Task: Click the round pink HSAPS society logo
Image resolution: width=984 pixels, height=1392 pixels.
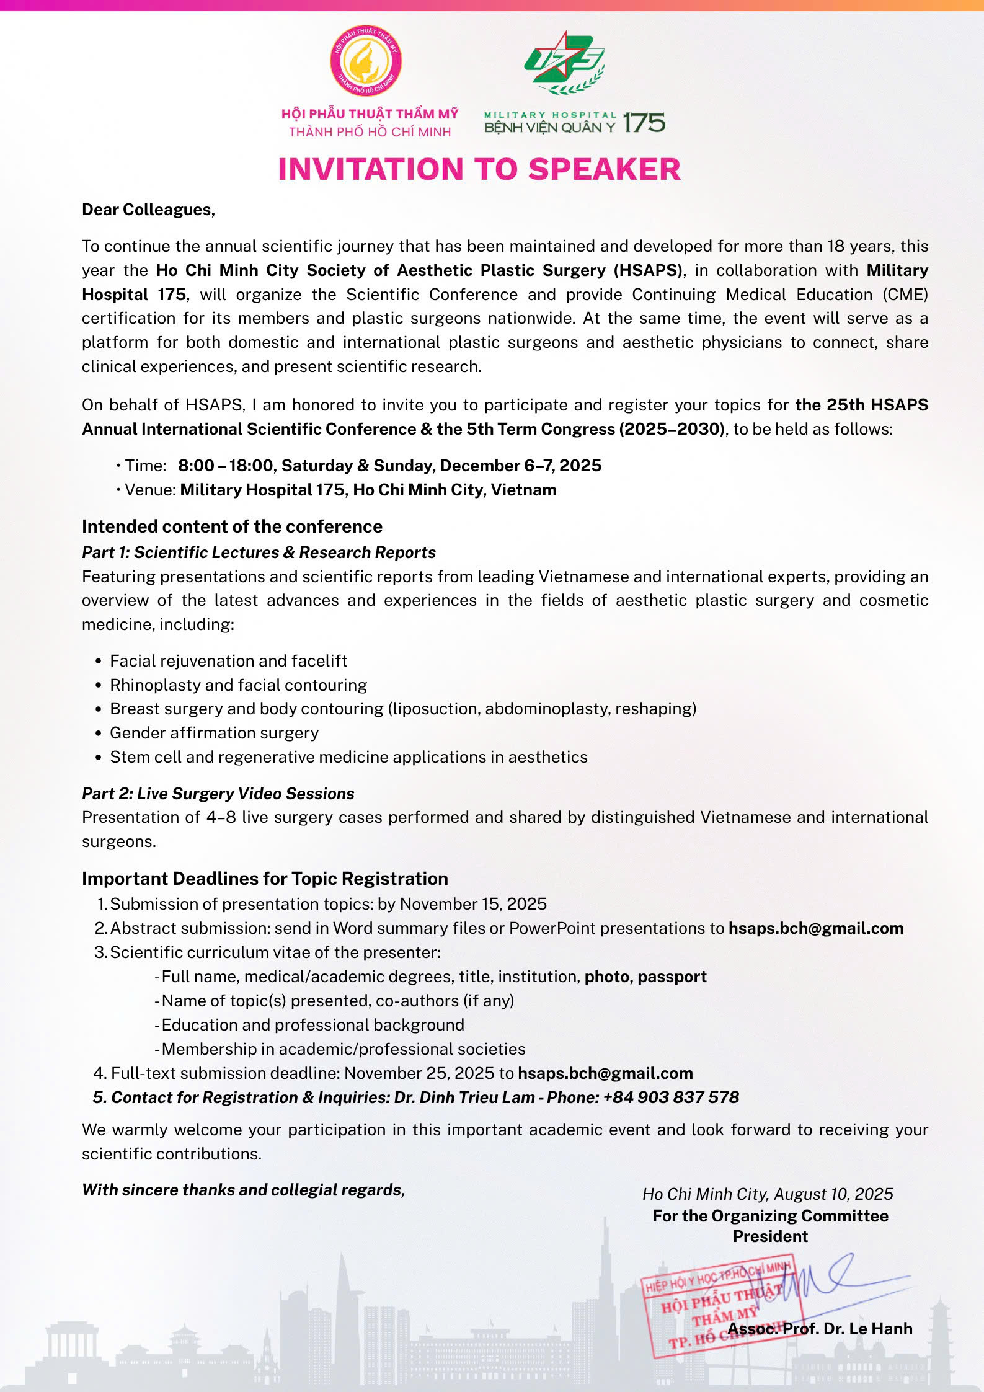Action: coord(366,61)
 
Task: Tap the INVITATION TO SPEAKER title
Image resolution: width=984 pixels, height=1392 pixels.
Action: coord(479,169)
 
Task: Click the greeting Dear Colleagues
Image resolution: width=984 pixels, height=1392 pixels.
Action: coord(148,210)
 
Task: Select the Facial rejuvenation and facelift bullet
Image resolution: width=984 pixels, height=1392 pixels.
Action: coord(228,661)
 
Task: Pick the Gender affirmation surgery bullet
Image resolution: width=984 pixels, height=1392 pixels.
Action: coord(214,733)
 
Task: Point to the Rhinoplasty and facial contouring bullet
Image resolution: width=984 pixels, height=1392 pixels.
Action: coord(238,685)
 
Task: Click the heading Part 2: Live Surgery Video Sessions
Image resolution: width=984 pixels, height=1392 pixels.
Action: coord(218,794)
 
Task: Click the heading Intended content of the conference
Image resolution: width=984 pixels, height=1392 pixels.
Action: coord(232,526)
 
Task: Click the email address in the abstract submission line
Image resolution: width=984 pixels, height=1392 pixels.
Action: coord(815,928)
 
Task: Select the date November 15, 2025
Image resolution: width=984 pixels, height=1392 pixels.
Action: coord(473,904)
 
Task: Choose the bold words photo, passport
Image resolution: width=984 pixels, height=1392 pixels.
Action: coord(645,977)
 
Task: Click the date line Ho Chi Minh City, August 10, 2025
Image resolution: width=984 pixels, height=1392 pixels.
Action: coord(768,1194)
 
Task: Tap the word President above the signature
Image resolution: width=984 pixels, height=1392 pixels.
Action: coord(770,1236)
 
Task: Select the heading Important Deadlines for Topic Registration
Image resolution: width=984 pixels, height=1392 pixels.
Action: coord(265,879)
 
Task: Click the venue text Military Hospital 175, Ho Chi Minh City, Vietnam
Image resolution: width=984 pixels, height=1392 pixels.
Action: coord(368,490)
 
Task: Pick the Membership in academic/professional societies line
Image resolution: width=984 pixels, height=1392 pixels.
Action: coord(343,1049)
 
